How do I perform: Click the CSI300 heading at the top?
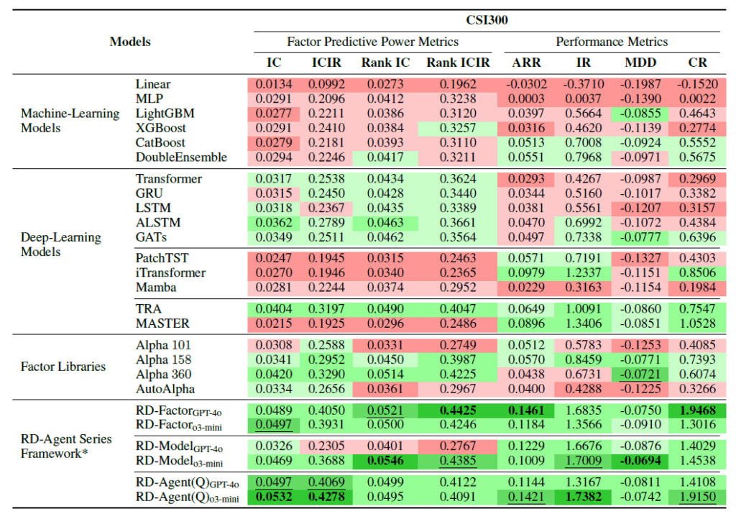click(487, 20)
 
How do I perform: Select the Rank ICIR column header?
click(457, 63)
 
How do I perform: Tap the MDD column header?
click(640, 63)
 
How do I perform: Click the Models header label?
click(130, 42)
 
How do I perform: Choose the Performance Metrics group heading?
click(612, 42)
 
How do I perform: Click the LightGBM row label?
click(165, 114)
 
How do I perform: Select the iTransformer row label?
click(170, 272)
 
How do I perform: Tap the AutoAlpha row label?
click(164, 389)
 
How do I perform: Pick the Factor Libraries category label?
click(63, 367)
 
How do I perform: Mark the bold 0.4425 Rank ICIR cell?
click(457, 410)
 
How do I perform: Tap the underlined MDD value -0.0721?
click(640, 375)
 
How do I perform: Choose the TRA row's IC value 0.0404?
click(274, 309)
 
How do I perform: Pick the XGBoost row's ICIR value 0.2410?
click(326, 128)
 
